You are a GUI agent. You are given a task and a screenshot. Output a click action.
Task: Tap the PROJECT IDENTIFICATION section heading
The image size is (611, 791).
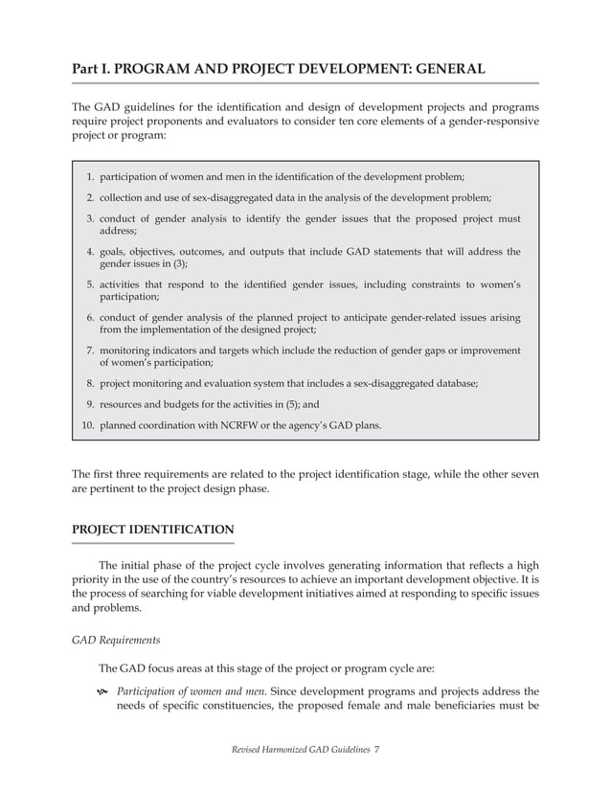point(153,529)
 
